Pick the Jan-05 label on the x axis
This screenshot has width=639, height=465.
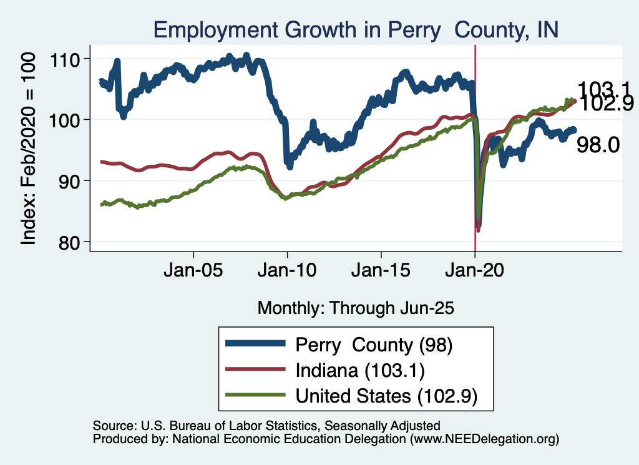[193, 273]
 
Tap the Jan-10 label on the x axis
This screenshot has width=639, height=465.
[287, 273]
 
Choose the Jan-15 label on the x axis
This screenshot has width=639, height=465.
[381, 273]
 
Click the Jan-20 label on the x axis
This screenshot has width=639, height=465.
[475, 273]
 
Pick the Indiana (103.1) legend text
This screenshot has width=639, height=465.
[360, 370]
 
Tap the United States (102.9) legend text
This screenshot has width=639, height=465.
[387, 396]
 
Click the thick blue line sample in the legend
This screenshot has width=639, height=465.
[255, 344]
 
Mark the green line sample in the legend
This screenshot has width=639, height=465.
[255, 395]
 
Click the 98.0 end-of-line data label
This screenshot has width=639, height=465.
[597, 145]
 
